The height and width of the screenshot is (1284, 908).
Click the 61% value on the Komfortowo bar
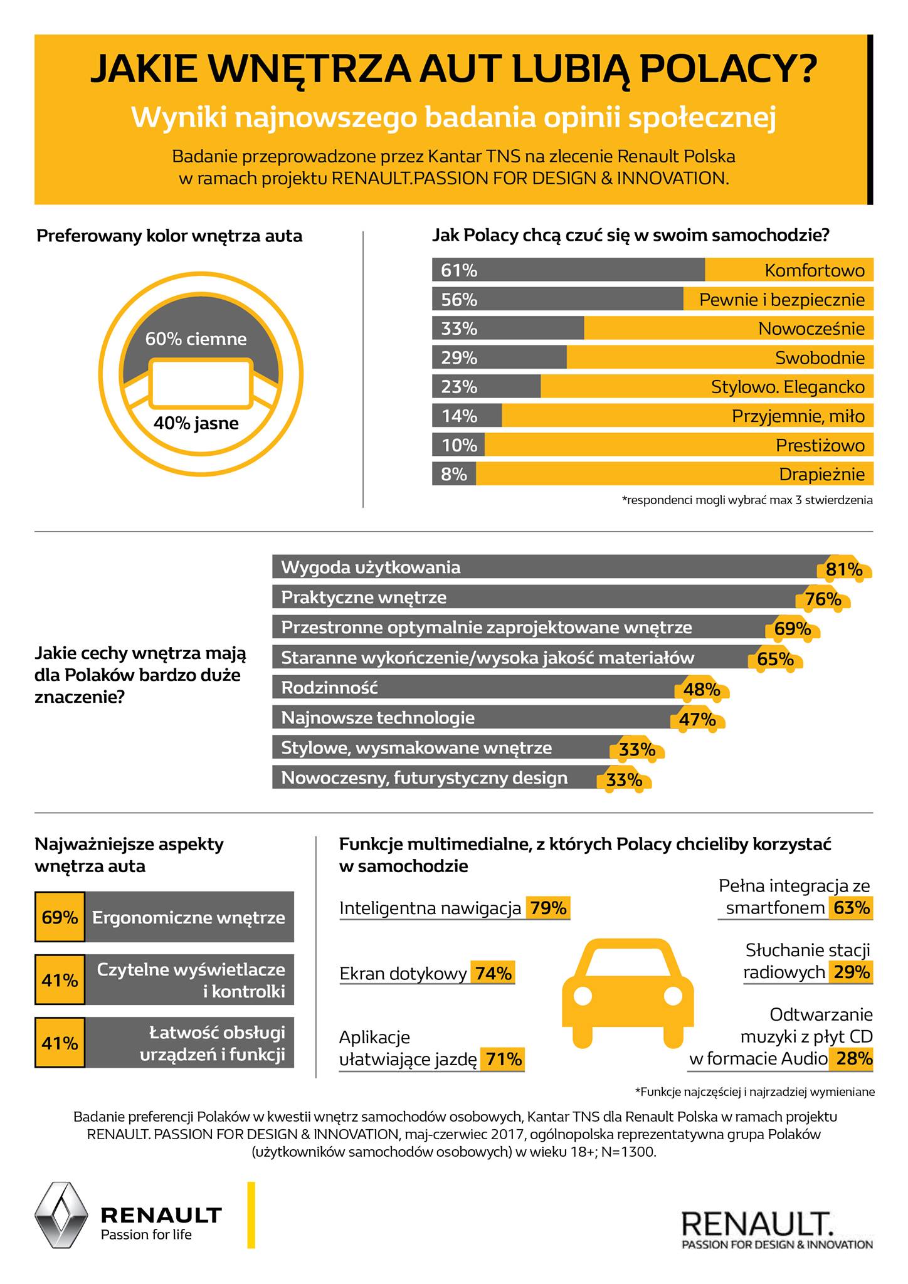[x=459, y=270]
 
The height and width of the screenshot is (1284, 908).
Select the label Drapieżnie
[x=821, y=475]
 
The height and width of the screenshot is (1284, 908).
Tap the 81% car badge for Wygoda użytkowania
[x=844, y=569]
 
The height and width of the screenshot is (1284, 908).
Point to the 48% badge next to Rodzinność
[x=702, y=690]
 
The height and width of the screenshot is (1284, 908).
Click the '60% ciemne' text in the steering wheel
[x=196, y=339]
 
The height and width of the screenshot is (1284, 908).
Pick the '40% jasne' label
[x=196, y=423]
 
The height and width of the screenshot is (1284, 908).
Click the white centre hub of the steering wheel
[x=201, y=383]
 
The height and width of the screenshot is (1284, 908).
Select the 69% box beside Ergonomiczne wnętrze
[x=60, y=918]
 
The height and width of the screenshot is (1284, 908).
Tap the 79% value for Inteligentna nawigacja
[x=548, y=908]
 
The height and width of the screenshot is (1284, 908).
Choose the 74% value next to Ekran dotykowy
[x=494, y=974]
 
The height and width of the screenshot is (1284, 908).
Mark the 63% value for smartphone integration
[x=851, y=907]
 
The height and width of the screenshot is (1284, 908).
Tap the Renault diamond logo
[x=60, y=1215]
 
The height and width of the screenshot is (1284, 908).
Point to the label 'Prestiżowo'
[x=820, y=445]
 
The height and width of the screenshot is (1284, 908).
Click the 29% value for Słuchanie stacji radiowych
[x=851, y=972]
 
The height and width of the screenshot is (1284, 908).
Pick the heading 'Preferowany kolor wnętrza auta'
[x=169, y=236]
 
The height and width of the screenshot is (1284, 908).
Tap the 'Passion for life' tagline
[x=146, y=1234]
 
